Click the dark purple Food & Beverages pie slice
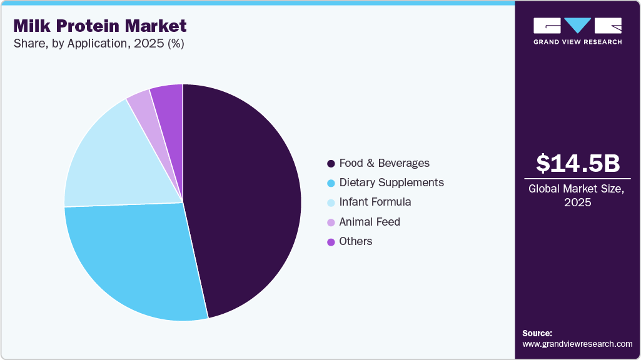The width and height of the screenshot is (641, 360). pyautogui.click(x=244, y=200)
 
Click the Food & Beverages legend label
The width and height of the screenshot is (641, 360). pyautogui.click(x=384, y=163)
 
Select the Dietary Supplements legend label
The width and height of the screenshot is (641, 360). pyautogui.click(x=391, y=182)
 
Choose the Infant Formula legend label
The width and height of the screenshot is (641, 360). pyautogui.click(x=375, y=202)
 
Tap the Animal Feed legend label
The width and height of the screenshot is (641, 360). pyautogui.click(x=369, y=222)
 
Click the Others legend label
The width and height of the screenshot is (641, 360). pyautogui.click(x=355, y=241)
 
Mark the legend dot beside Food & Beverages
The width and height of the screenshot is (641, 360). pyautogui.click(x=331, y=164)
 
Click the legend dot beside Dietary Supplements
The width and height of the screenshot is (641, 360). pyautogui.click(x=331, y=183)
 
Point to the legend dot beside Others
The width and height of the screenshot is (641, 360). pyautogui.click(x=331, y=242)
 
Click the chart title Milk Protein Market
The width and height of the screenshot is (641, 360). pyautogui.click(x=99, y=26)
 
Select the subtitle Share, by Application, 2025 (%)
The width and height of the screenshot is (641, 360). pyautogui.click(x=98, y=44)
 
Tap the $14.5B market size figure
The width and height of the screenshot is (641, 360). pyautogui.click(x=578, y=163)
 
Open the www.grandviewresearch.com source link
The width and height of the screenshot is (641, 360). pyautogui.click(x=577, y=344)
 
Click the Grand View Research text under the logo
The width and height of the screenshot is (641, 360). pyautogui.click(x=577, y=42)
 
